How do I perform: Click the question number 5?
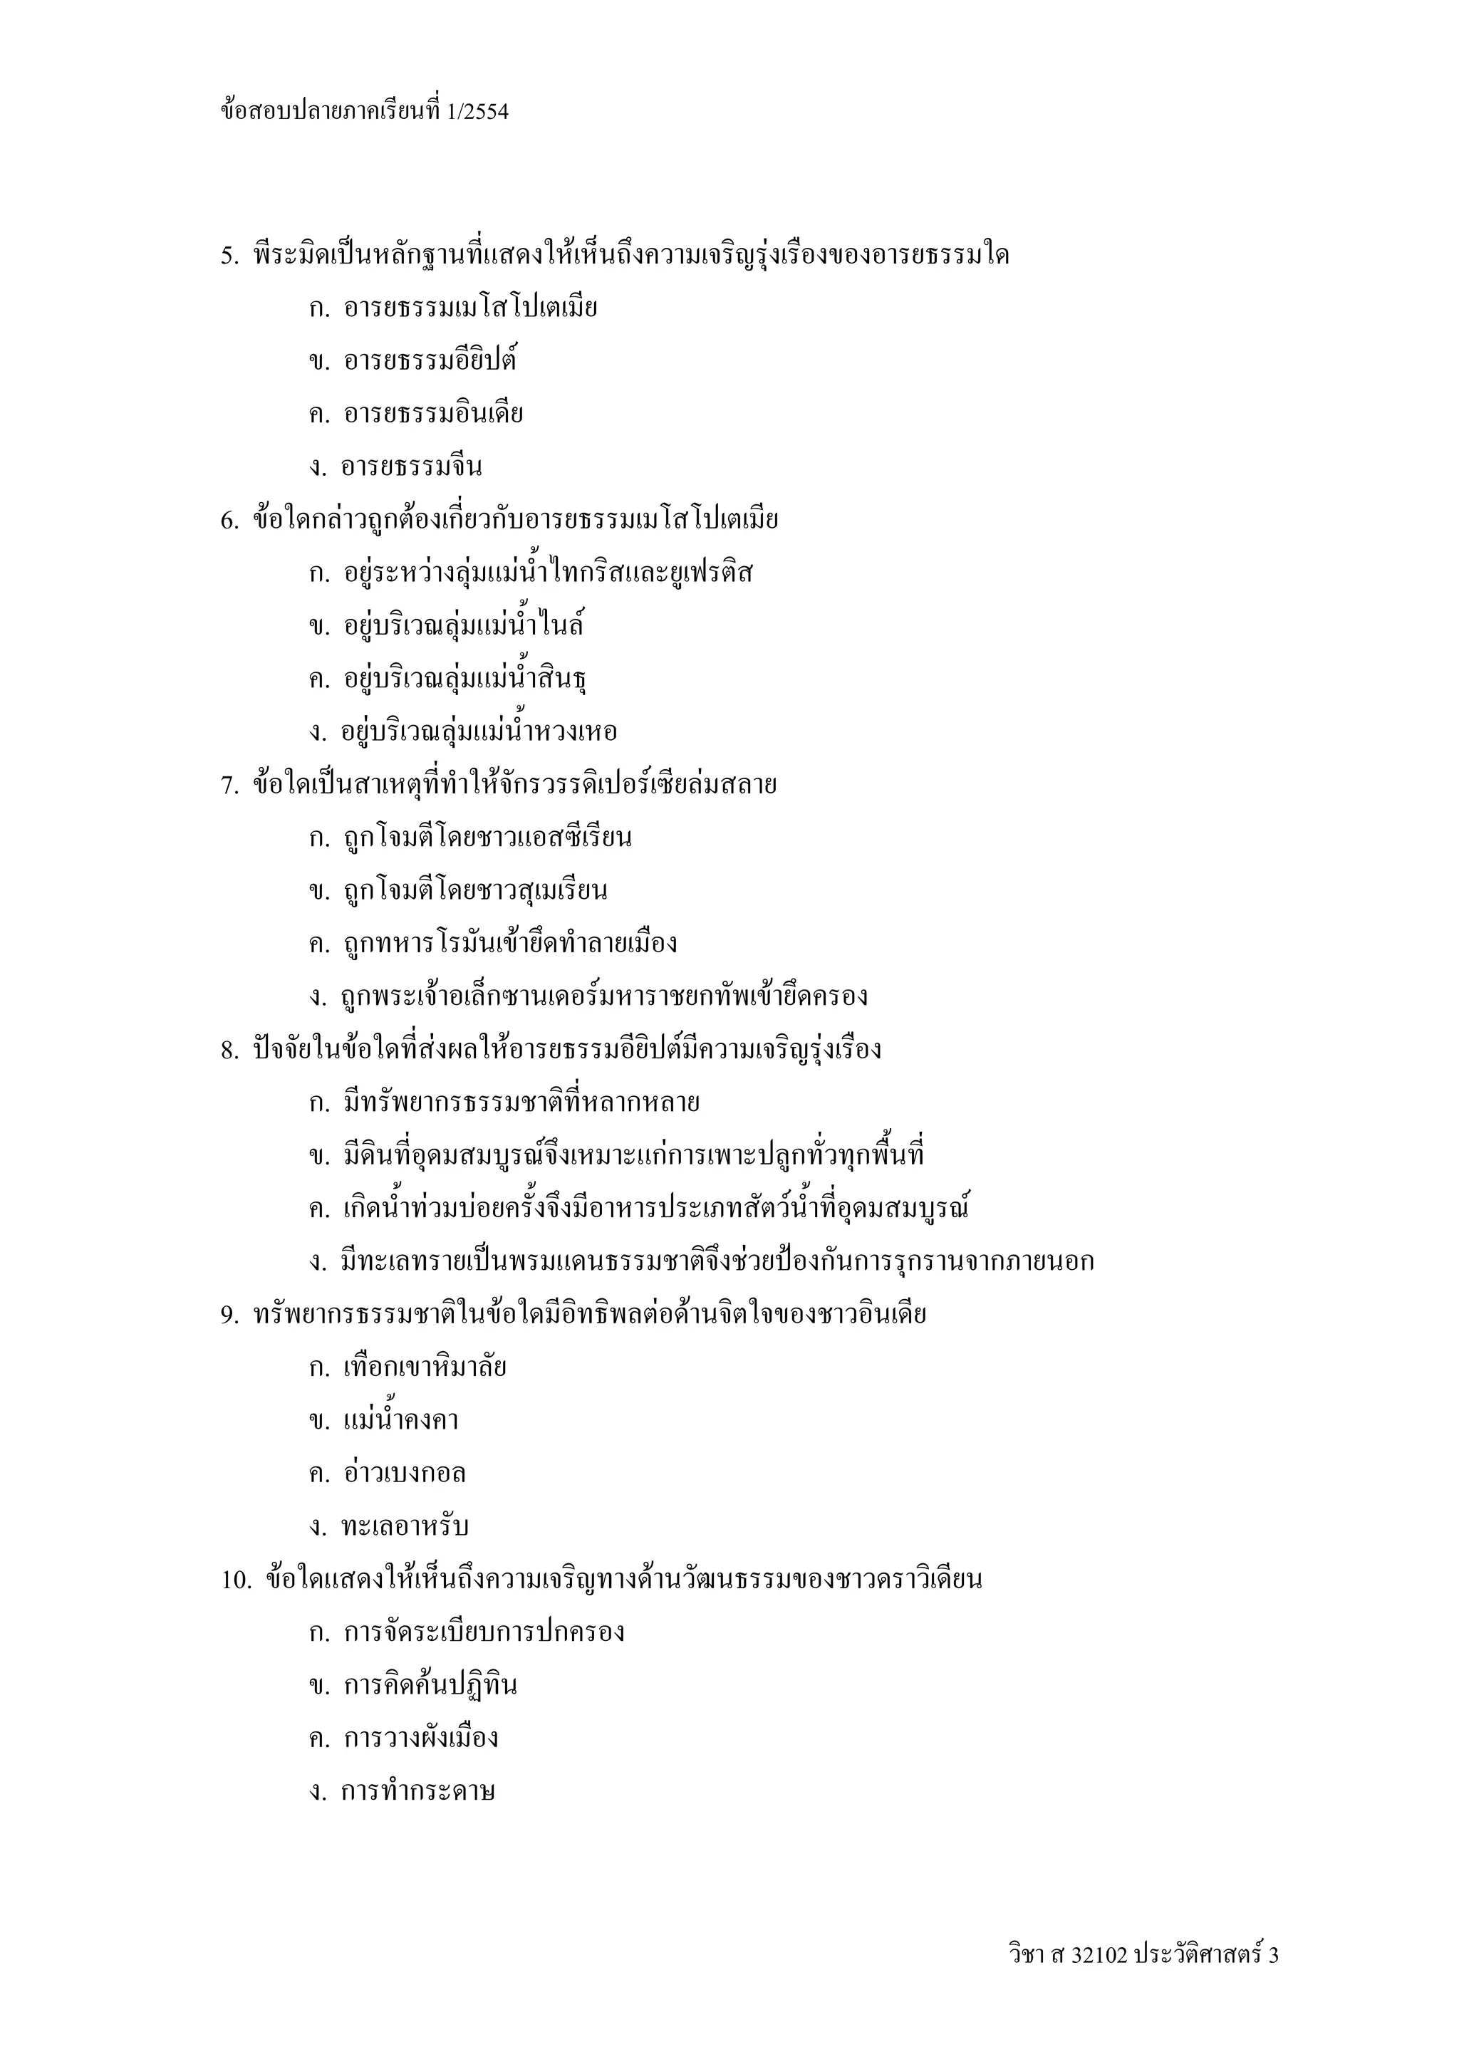click(229, 256)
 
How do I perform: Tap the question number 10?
click(237, 1580)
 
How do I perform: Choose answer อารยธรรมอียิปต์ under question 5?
click(430, 361)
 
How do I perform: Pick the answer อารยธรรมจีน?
click(411, 467)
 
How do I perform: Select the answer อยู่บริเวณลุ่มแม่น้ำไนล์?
click(463, 625)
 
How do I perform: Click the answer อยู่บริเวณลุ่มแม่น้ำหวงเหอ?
click(479, 731)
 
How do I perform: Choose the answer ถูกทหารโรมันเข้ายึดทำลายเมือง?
click(509, 944)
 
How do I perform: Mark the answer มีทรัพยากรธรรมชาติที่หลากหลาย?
click(521, 1103)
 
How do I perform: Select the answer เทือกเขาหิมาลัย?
click(425, 1368)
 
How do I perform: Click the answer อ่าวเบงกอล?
click(405, 1474)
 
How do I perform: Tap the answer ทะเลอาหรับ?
click(405, 1527)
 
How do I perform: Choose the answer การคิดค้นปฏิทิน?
click(430, 1686)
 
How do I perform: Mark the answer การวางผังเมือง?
click(421, 1739)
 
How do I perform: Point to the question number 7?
click(229, 786)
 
